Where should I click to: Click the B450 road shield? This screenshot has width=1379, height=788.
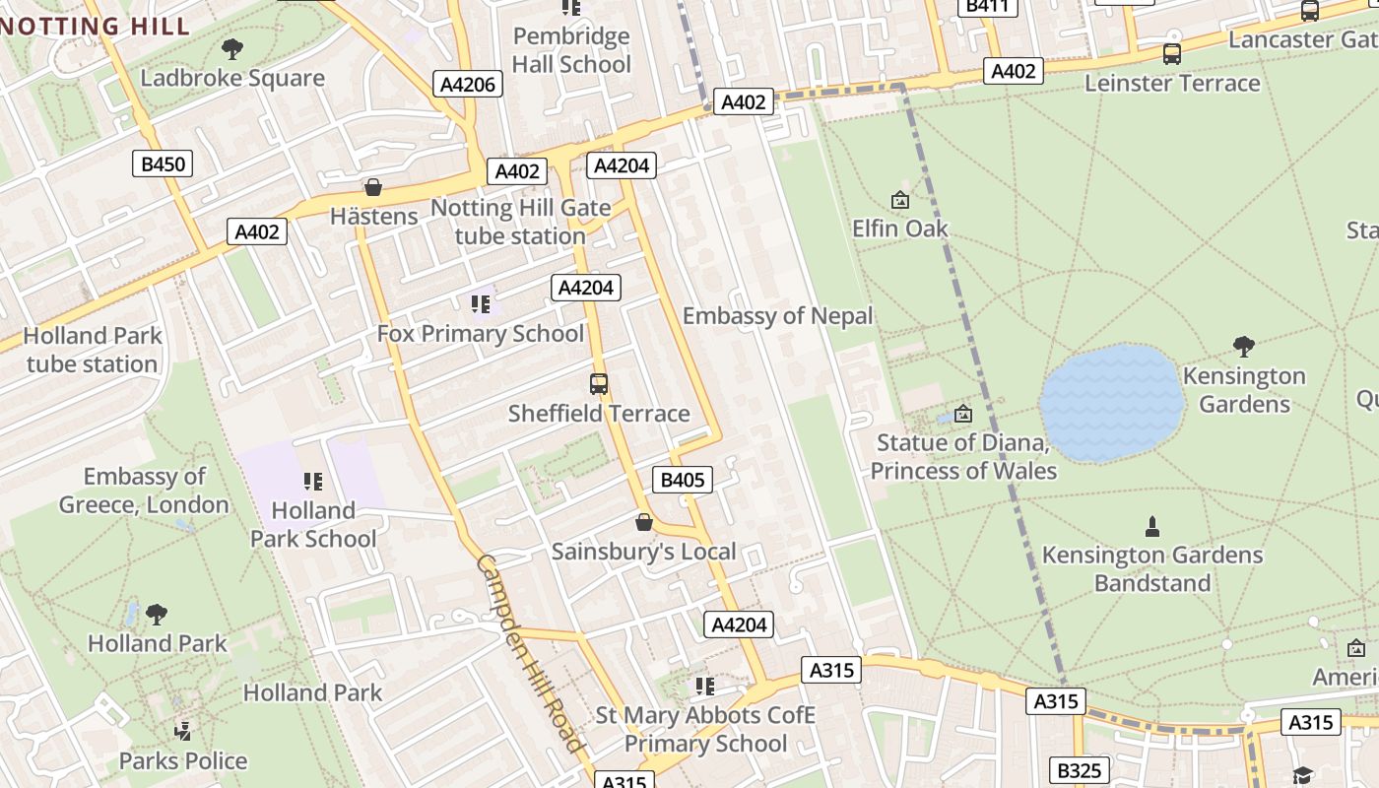tap(163, 164)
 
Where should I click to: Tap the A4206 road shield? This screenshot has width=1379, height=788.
tap(468, 84)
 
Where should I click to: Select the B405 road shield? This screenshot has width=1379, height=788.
tap(682, 480)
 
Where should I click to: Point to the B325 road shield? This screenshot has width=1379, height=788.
tap(1081, 770)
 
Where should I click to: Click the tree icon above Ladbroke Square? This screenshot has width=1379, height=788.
tap(232, 48)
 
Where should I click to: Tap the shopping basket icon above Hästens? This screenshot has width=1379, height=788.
tap(373, 187)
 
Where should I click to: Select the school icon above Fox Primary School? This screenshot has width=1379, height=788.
tap(481, 303)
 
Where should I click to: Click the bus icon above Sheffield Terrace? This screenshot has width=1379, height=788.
tap(599, 384)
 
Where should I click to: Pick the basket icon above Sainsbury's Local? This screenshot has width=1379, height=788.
tap(644, 522)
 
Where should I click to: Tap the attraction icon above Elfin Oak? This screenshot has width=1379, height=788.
tap(899, 200)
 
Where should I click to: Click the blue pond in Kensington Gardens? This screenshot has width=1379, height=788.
tap(1111, 403)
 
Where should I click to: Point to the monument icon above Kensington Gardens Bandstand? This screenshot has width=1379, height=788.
tap(1152, 527)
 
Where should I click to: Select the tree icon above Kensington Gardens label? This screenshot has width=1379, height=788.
tap(1244, 346)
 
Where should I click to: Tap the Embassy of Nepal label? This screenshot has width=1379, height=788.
tap(777, 316)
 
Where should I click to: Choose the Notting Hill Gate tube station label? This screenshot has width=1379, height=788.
tap(520, 222)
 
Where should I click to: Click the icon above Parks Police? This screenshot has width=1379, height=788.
tap(182, 731)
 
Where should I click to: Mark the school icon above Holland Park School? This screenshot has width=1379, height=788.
tap(313, 482)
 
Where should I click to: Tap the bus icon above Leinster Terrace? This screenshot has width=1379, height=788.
tap(1172, 54)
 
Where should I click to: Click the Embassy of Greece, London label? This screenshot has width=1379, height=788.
tap(144, 491)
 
